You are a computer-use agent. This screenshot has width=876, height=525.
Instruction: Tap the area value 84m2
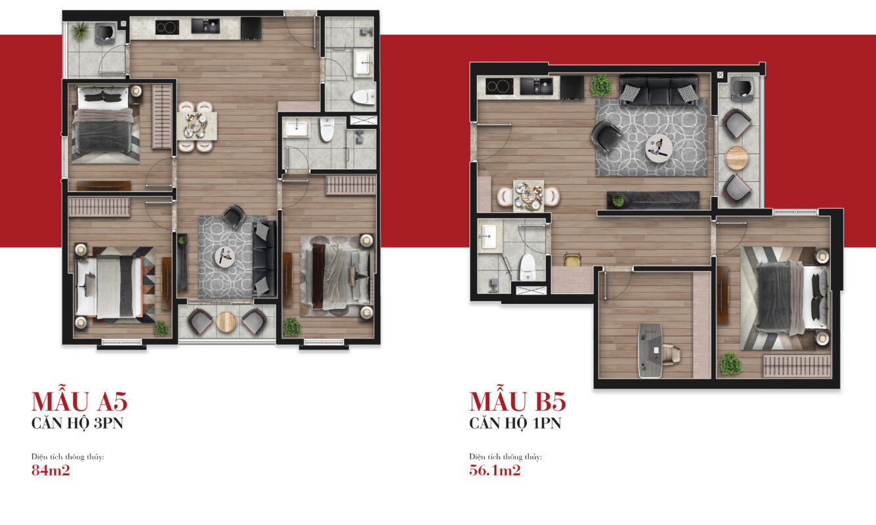[x=51, y=470]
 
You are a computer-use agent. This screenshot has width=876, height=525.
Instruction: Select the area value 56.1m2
[x=495, y=470]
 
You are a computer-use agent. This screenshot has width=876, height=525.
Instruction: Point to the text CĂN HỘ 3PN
[x=77, y=423]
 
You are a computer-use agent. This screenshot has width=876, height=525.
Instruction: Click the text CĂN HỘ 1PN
[x=515, y=423]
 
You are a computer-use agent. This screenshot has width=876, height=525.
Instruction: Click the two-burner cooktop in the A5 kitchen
[x=167, y=28]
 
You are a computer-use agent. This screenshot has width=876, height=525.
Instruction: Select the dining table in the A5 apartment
[x=197, y=125]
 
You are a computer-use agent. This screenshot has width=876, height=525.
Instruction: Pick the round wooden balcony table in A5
[x=226, y=322]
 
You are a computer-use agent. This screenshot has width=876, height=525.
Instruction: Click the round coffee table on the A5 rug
[x=225, y=256]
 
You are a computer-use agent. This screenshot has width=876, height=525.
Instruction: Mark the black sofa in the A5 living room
[x=264, y=259]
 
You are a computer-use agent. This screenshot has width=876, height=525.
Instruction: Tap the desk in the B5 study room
[x=650, y=350]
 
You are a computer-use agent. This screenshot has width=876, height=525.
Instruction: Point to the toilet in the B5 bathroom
[x=528, y=267]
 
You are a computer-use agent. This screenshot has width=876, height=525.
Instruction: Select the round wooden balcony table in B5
[x=737, y=157]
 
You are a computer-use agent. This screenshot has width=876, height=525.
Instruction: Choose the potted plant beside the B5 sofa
[x=601, y=85]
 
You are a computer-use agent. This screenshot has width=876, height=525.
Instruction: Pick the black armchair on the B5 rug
[x=606, y=136]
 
